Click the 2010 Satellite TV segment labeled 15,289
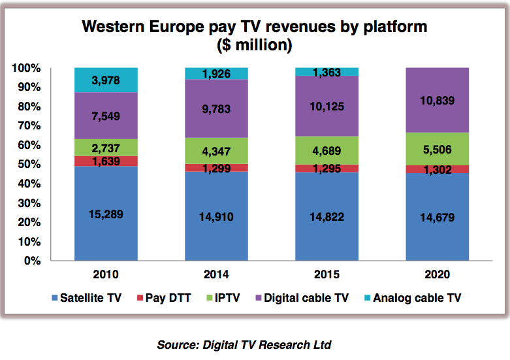click(106, 213)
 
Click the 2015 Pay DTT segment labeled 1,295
click(327, 169)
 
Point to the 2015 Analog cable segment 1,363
click(327, 71)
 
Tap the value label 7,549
click(106, 116)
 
